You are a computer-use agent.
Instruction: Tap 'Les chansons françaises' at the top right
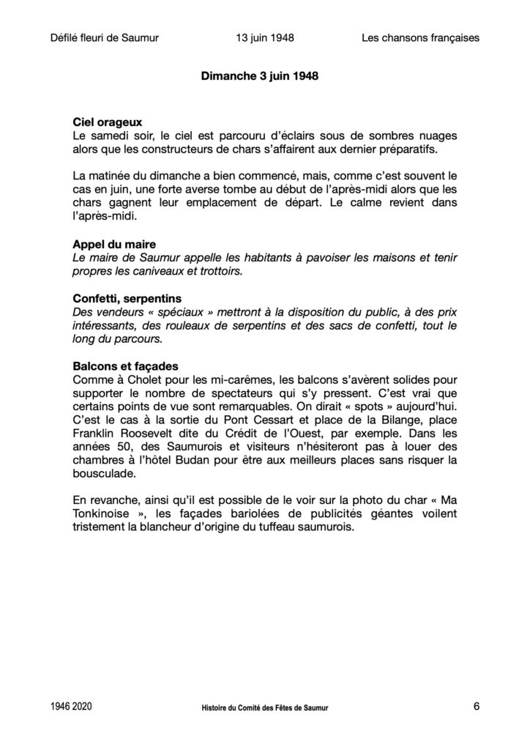(x=420, y=38)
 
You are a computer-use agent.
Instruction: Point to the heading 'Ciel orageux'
(x=108, y=122)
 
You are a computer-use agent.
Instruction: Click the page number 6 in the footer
(x=477, y=707)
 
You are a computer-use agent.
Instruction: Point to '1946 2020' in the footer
(x=72, y=708)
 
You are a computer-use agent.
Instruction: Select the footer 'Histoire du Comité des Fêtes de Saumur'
(x=264, y=708)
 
